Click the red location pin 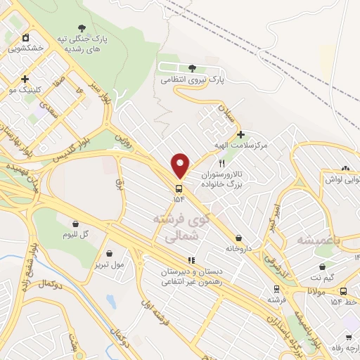180,165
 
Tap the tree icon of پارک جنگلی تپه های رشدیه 85,27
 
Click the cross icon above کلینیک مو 25,79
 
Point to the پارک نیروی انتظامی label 192,80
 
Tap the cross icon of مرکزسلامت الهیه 240,134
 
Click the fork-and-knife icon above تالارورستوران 222,163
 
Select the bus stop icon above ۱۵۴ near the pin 178,188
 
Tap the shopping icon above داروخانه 240,238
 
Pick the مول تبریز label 108,264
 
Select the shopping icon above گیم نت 322,267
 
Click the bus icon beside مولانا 343,291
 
